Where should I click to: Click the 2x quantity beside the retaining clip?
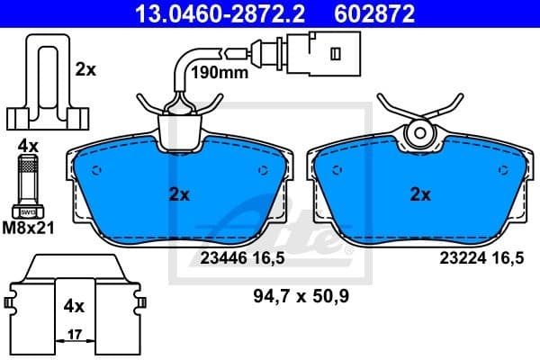86,69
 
